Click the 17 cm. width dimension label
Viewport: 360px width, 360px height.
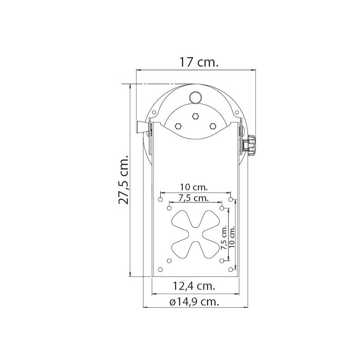198,62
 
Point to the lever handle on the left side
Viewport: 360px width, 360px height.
142,128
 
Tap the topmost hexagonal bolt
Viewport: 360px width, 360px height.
195,116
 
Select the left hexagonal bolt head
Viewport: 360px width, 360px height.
178,126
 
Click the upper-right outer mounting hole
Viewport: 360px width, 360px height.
230,198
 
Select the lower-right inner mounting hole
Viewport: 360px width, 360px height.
222,261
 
